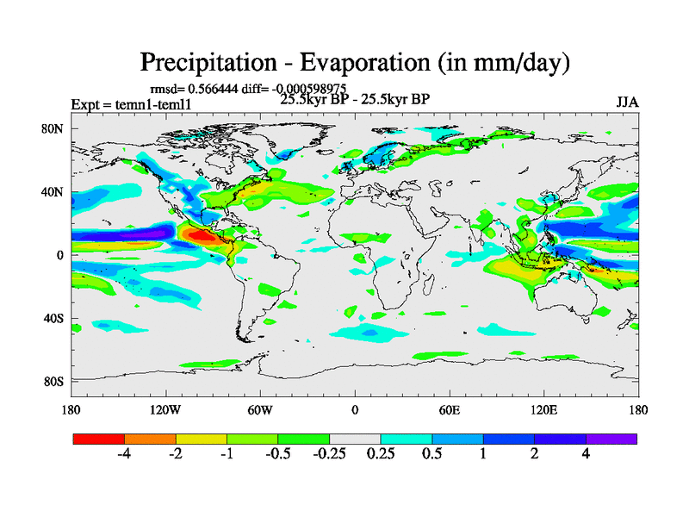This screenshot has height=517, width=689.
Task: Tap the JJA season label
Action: pos(627,103)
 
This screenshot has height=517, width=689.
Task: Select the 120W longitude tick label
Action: pos(165,409)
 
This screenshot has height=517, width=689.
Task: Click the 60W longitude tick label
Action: pos(260,409)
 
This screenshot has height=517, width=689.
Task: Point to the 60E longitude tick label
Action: pos(450,409)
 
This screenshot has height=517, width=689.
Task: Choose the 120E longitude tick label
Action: pos(544,409)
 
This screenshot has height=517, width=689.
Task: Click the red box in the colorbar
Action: pos(99,439)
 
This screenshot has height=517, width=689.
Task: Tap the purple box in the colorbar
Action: pos(611,439)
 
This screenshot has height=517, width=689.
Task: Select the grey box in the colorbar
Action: pos(355,439)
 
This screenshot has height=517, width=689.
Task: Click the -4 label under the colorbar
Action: pos(124,454)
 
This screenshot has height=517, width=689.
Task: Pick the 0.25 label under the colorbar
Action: pos(381,454)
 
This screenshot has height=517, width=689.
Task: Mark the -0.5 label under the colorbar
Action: pos(277,454)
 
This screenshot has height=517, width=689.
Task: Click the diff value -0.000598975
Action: pos(321,89)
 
